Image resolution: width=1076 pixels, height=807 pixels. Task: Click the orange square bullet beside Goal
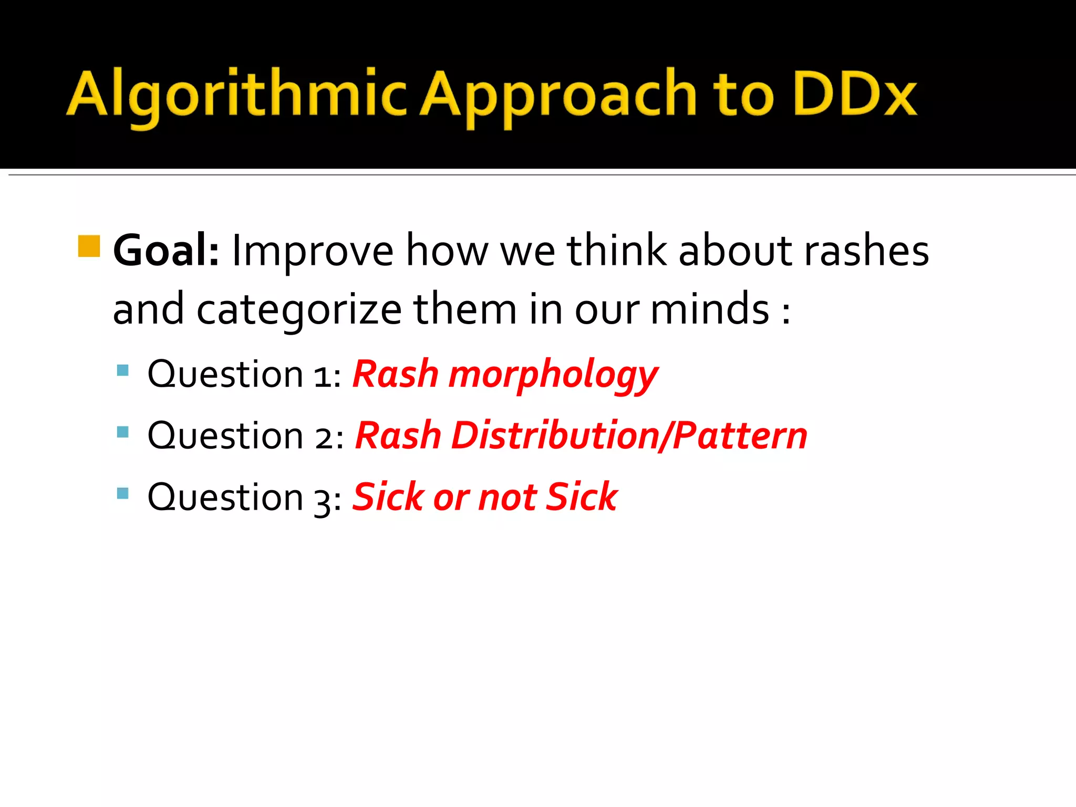coord(89,246)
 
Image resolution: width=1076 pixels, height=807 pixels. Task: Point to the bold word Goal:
coord(166,251)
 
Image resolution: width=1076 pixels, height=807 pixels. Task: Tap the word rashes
coord(866,251)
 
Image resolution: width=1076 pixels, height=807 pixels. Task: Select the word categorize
coord(299,310)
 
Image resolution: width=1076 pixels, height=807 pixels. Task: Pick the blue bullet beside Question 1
coord(123,370)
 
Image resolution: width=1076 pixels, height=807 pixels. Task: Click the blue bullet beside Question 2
coord(123,432)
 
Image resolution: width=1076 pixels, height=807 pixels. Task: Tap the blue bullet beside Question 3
coord(123,493)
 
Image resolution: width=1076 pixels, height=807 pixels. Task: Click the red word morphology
coord(553,375)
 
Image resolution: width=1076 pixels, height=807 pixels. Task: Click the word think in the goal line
coord(617,251)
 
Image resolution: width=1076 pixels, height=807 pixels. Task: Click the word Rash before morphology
coord(395,374)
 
